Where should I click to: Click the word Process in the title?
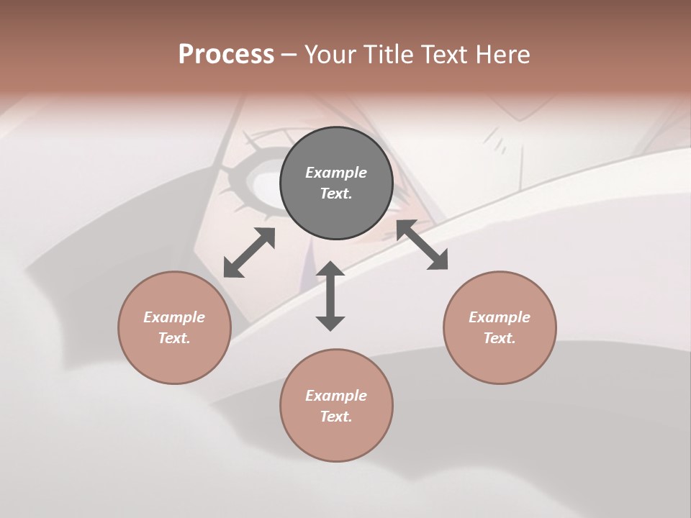point(226,55)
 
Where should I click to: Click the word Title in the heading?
point(389,55)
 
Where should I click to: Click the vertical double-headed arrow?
point(330,296)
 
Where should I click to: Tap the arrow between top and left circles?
point(249,253)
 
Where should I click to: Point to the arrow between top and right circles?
point(423,245)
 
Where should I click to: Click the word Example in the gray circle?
point(336,173)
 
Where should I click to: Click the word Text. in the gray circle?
point(336,194)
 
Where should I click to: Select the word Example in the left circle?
point(174,317)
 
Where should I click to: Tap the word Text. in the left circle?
point(174,338)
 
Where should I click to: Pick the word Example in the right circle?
point(500,317)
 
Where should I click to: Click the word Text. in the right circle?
point(500,338)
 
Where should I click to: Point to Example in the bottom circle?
point(336,396)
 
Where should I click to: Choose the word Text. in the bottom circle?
point(336,417)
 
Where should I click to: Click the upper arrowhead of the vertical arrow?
point(330,271)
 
